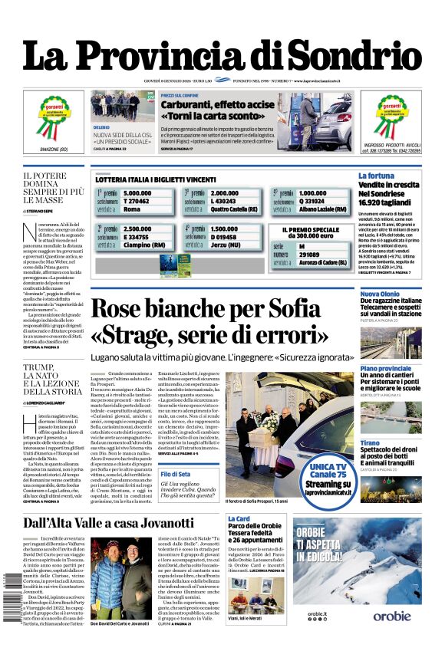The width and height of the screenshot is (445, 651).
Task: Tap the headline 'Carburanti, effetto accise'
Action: pos(217,104)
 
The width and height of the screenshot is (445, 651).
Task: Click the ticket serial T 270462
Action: pos(136,201)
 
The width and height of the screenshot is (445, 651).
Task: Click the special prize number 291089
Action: pos(311,255)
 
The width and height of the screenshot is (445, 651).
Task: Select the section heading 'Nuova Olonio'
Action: pos(401,294)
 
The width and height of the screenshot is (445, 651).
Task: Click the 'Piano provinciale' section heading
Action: pos(407,369)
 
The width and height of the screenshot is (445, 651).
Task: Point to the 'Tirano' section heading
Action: pos(391,443)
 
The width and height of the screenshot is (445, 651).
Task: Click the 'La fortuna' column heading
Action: pos(376,176)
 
